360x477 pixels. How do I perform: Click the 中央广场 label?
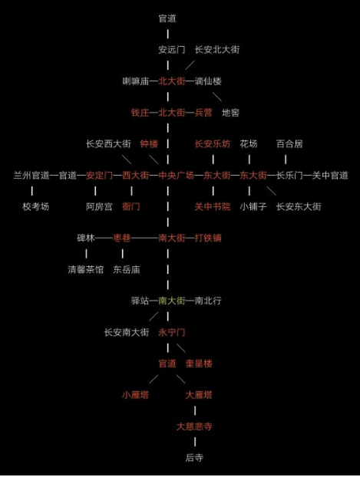[176, 175]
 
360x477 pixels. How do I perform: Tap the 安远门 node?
[171, 50]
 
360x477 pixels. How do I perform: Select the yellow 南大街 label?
[171, 301]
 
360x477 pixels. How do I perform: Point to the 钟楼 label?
[149, 143]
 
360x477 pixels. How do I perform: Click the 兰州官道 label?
[31, 175]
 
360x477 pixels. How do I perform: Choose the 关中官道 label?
[330, 175]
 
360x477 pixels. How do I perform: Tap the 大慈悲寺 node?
[194, 426]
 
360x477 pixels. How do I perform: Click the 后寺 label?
[194, 458]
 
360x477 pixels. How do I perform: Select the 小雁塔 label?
[136, 395]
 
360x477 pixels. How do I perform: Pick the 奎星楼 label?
[199, 364]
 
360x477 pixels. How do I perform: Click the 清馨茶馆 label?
[85, 269]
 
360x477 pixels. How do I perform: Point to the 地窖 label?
[230, 113]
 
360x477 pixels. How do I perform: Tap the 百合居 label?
[289, 143]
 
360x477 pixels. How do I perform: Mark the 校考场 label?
[35, 206]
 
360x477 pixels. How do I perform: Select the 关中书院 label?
[213, 206]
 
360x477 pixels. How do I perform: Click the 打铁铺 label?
[208, 238]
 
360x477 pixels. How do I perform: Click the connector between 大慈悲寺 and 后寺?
[195, 442]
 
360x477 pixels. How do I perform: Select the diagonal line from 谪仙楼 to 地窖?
[217, 97]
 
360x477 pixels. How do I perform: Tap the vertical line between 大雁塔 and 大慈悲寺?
[195, 411]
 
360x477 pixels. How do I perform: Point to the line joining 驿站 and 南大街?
[154, 301]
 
